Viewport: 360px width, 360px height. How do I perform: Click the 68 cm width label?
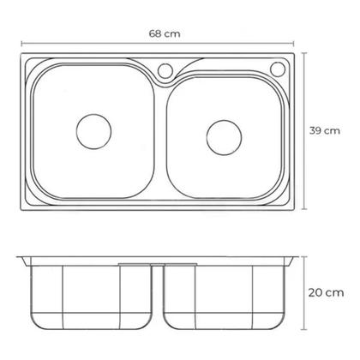pyautogui.click(x=165, y=33)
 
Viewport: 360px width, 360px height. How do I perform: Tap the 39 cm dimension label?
pyautogui.click(x=325, y=130)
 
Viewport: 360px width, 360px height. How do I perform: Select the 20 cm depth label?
pyautogui.click(x=326, y=292)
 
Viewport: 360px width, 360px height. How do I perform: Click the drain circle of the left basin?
pyautogui.click(x=93, y=131)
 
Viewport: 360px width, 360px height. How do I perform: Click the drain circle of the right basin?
pyautogui.click(x=224, y=137)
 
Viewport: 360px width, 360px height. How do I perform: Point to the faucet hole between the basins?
pyautogui.click(x=165, y=70)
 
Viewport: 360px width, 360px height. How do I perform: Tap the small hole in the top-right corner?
pyautogui.click(x=278, y=69)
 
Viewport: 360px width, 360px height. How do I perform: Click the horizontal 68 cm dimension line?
pyautogui.click(x=158, y=44)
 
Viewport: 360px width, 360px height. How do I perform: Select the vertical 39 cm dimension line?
pyautogui.click(x=304, y=131)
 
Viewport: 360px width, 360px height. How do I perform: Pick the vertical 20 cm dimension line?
pyautogui.click(x=304, y=293)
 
